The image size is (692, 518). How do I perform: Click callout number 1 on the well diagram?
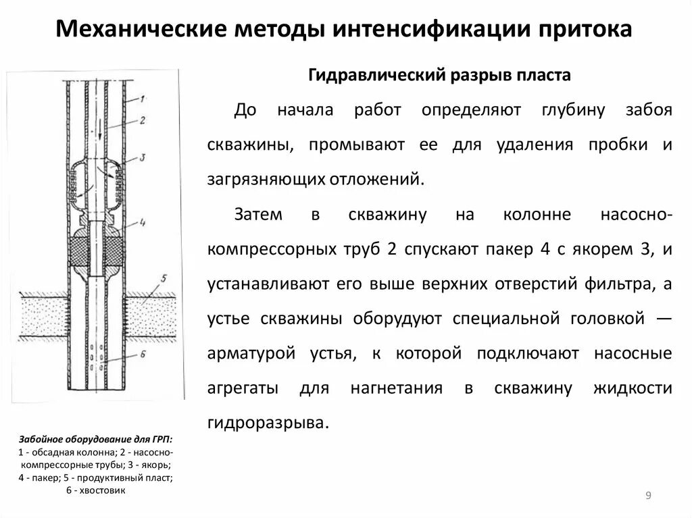(143, 99)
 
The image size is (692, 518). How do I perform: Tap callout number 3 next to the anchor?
(143, 158)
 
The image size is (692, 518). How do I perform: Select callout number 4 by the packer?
(143, 221)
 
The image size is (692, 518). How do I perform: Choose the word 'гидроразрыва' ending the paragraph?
(268, 423)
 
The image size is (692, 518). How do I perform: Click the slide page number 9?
(648, 496)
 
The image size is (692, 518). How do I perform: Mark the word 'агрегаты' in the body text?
(242, 388)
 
